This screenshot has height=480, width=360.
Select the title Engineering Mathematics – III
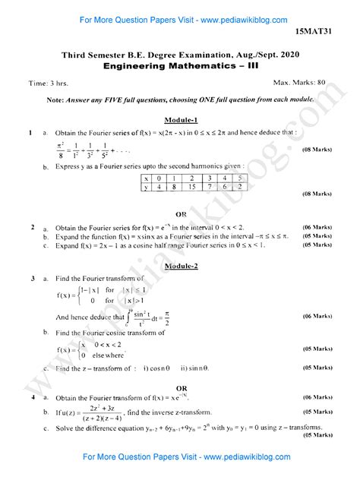[180, 66]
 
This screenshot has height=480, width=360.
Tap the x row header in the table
[147, 178]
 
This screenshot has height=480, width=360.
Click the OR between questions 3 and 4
[181, 387]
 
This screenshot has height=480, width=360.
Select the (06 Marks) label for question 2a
[317, 227]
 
